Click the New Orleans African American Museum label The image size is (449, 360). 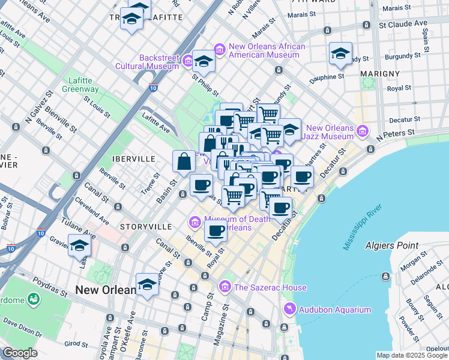click(267, 51)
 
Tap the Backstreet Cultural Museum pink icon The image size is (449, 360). click(188, 61)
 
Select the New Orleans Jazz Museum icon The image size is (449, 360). click(363, 131)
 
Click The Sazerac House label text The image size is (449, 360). click(270, 287)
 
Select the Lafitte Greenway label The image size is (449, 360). click(80, 85)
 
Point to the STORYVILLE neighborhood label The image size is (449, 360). click(145, 227)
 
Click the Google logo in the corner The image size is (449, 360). click(20, 353)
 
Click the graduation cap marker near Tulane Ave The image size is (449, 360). click(79, 246)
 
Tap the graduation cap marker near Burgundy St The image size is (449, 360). click(340, 55)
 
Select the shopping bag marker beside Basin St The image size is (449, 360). click(183, 162)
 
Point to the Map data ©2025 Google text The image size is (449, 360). click(412, 355)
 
